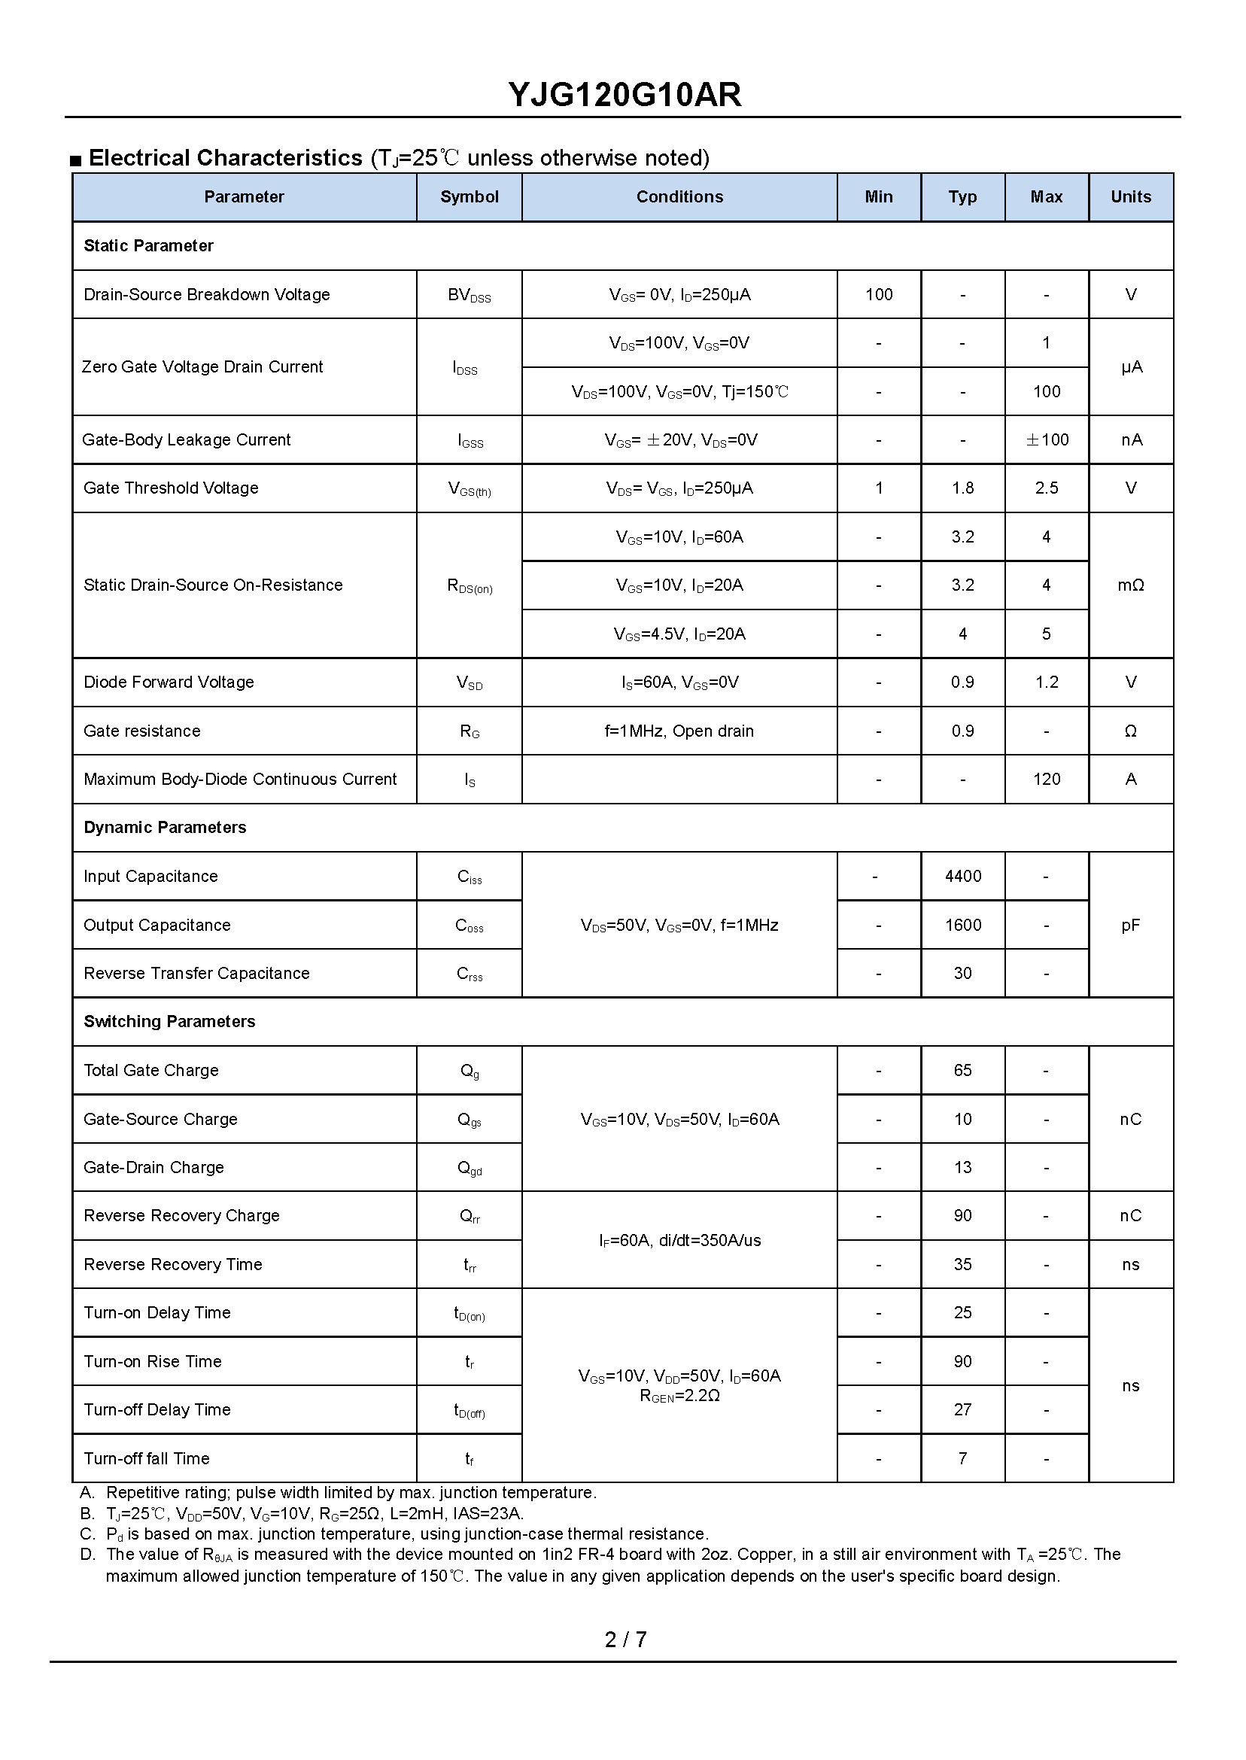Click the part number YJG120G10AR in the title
click(x=624, y=95)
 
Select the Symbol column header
click(x=469, y=197)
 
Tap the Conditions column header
click(x=679, y=197)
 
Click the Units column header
click(x=1130, y=197)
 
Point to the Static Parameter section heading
click(x=148, y=246)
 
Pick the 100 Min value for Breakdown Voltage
click(x=879, y=295)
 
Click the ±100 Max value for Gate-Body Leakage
click(x=1047, y=439)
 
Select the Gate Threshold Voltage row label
click(x=170, y=488)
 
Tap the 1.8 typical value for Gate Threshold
click(x=962, y=488)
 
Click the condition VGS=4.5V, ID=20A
click(x=679, y=634)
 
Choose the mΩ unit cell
click(x=1130, y=585)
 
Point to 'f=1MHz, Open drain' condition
click(x=679, y=731)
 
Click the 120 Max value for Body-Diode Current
click(x=1047, y=780)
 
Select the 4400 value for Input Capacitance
click(x=962, y=876)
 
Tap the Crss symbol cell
click(x=469, y=974)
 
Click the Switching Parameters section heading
click(x=169, y=1022)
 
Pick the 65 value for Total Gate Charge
click(x=962, y=1070)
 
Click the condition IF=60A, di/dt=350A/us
click(x=679, y=1241)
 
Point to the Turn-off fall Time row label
click(x=146, y=1458)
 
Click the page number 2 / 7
click(x=625, y=1640)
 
